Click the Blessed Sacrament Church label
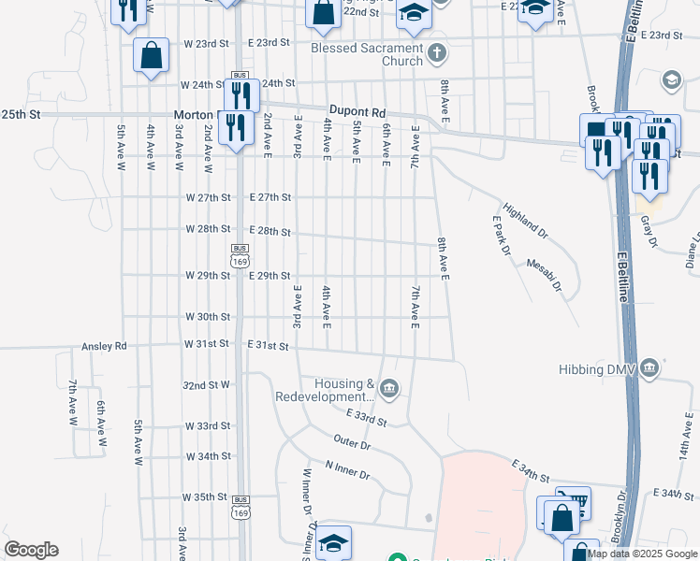(x=368, y=54)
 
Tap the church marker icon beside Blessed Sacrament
(x=437, y=54)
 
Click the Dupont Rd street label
(x=357, y=111)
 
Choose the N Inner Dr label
(x=347, y=469)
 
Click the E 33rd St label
(x=366, y=417)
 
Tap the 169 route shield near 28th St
(x=240, y=256)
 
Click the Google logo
(x=31, y=550)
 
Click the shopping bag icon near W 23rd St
(x=151, y=55)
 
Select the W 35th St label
(x=206, y=496)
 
